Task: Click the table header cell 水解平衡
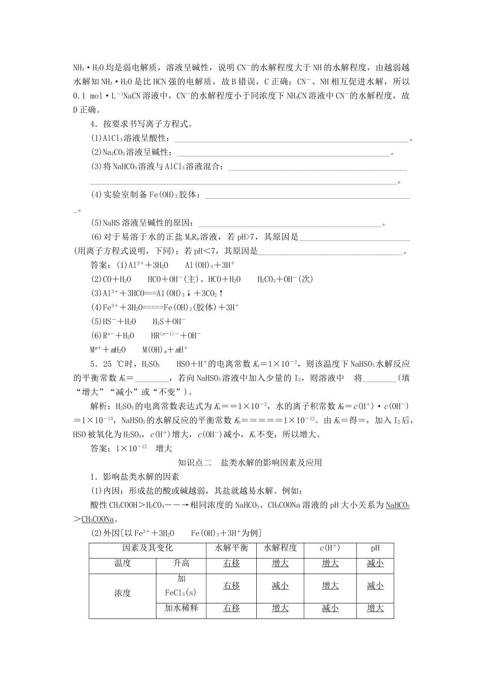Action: pos(231,548)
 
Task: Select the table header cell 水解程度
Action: pos(280,548)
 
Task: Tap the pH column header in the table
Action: pos(375,548)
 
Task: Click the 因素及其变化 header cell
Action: pos(147,548)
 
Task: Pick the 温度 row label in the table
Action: pos(123,563)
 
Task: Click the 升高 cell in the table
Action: pos(181,563)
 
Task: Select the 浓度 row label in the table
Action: pos(123,593)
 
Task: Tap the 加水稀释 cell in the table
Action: pos(181,608)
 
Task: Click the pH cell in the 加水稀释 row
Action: pos(375,608)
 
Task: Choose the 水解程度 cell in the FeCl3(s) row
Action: pos(280,585)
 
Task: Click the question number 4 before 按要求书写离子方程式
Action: pos(93,124)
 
